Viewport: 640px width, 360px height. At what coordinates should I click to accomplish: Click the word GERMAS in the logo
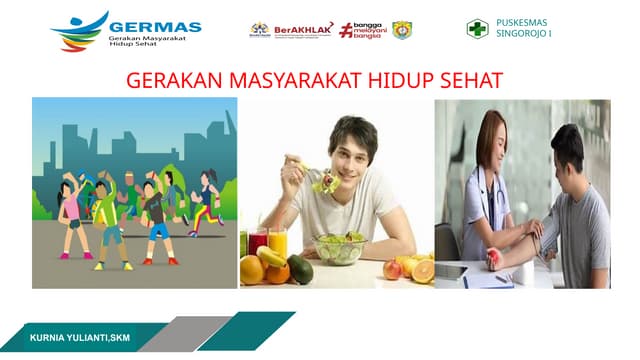[155, 26]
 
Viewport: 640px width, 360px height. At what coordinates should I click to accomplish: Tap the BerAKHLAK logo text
[303, 29]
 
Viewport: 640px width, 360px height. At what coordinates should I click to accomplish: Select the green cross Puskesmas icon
[478, 28]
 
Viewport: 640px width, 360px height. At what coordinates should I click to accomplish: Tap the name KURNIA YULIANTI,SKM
[80, 338]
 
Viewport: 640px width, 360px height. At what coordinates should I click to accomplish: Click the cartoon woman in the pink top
[71, 215]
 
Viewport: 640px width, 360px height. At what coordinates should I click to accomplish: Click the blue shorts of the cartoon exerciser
[158, 232]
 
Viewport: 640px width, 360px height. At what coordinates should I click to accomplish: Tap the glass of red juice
[257, 244]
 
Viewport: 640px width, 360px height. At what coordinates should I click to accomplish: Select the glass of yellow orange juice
[277, 243]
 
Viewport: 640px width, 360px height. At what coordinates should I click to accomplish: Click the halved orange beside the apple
[423, 270]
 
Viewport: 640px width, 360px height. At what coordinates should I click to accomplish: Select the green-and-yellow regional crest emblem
[401, 29]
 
